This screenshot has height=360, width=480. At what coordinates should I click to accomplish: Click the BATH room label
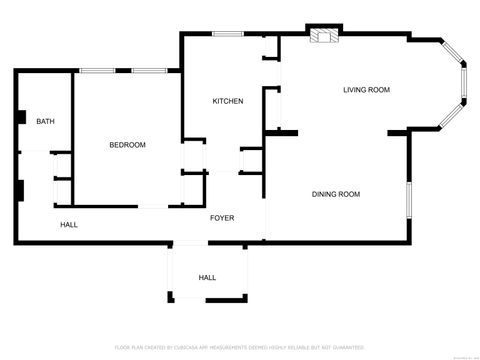45,122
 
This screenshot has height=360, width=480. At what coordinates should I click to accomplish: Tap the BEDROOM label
127,145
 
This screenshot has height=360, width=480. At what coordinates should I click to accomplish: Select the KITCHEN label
228,101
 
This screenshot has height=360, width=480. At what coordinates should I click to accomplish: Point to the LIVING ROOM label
366,90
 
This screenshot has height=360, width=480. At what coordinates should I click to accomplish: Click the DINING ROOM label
336,194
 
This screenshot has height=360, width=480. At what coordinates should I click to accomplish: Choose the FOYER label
222,217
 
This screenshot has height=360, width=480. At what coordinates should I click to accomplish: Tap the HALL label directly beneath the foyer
207,277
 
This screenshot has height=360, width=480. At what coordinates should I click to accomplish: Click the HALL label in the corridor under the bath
69,225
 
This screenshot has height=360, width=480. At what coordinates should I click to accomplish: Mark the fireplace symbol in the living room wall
323,38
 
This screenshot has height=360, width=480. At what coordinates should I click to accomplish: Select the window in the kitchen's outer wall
228,34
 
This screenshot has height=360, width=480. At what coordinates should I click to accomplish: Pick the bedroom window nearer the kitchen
149,70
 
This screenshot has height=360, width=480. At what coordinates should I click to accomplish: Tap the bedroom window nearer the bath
96,70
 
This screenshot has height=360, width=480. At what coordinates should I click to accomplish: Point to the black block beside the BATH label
19,115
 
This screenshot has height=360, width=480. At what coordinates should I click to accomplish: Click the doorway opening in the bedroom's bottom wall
153,206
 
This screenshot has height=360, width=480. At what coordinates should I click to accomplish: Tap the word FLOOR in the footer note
121,347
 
